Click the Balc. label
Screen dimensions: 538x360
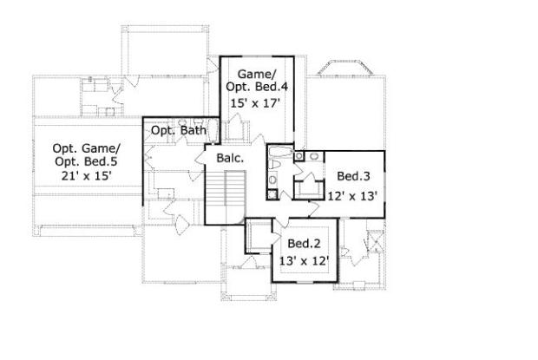point(230,158)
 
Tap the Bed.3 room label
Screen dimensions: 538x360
point(353,176)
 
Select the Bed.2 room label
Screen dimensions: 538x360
point(304,244)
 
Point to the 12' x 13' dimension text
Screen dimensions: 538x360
point(353,196)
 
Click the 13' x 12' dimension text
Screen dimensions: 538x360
point(305,261)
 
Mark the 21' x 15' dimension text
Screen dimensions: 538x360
point(87,176)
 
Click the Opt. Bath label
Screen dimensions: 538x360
point(179,130)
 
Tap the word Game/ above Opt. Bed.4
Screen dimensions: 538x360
point(257,74)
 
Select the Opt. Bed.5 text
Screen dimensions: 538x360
point(89,161)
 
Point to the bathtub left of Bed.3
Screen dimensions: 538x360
point(280,152)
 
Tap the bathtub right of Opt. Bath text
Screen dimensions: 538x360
point(213,130)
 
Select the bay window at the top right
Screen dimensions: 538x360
point(345,68)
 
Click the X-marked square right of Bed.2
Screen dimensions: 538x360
point(376,241)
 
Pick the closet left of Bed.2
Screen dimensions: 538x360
point(259,237)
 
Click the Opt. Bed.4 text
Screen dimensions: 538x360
point(257,87)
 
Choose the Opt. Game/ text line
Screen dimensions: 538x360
point(87,148)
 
